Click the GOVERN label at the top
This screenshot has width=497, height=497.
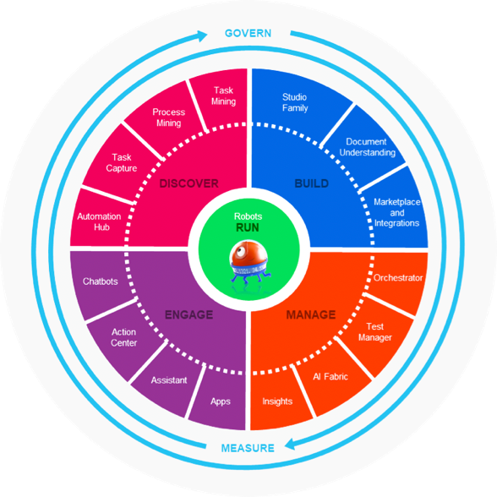[x=248, y=33]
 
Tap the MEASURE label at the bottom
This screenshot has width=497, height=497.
[x=248, y=448]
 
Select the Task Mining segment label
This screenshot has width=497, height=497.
[x=223, y=96]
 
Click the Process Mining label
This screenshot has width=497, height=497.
[x=169, y=117]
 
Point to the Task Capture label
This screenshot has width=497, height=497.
[x=122, y=162]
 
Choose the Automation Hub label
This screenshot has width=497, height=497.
[x=99, y=221]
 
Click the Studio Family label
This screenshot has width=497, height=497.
[x=295, y=102]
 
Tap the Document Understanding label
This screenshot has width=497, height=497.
[x=367, y=147]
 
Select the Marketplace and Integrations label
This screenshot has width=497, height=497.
[x=397, y=212]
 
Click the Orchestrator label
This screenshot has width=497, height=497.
[x=398, y=278]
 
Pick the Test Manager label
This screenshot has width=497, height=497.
[x=375, y=332]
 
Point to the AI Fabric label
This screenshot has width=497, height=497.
[x=330, y=377]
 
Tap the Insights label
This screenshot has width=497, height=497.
[x=277, y=401]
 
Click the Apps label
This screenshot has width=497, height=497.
[x=221, y=401]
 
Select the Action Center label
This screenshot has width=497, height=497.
[x=123, y=337]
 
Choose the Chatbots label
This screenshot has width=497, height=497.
[x=100, y=281]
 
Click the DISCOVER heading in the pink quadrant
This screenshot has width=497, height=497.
[x=189, y=183]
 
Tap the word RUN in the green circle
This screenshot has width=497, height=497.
[x=248, y=227]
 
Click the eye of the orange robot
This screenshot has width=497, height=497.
[x=240, y=251]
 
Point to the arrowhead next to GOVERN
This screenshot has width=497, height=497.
[x=202, y=35]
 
